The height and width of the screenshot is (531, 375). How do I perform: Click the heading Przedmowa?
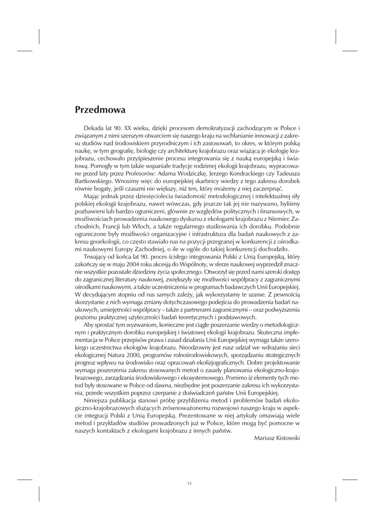coord(100,110)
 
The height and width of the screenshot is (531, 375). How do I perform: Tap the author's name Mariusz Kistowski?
coord(277,438)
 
